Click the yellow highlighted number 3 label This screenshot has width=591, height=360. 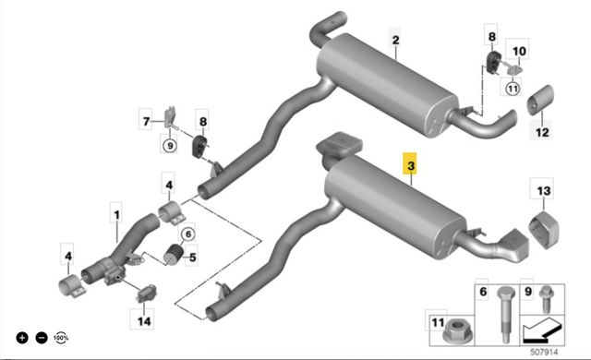tap(410, 164)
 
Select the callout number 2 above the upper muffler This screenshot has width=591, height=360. tap(395, 40)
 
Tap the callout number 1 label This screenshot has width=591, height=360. tap(116, 215)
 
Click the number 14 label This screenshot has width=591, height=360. tap(144, 321)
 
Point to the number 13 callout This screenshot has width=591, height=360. tap(544, 190)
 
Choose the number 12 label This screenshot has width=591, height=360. tap(542, 132)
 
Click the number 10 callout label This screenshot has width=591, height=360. tap(519, 51)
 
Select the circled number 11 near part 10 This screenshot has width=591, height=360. tap(513, 89)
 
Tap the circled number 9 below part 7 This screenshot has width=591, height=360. tap(170, 145)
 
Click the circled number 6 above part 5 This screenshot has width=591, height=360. tap(188, 234)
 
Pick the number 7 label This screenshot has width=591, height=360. tap(146, 121)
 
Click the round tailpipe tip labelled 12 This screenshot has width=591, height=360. tap(539, 100)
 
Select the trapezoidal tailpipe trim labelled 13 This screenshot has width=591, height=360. tap(544, 229)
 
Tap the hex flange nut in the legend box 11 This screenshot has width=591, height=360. tap(457, 331)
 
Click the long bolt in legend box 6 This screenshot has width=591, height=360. tap(505, 315)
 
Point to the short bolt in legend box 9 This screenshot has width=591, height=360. tap(546, 299)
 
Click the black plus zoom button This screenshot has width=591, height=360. tap(22, 338)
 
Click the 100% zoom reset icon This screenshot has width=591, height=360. tap(61, 338)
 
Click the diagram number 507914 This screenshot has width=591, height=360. tap(544, 352)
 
